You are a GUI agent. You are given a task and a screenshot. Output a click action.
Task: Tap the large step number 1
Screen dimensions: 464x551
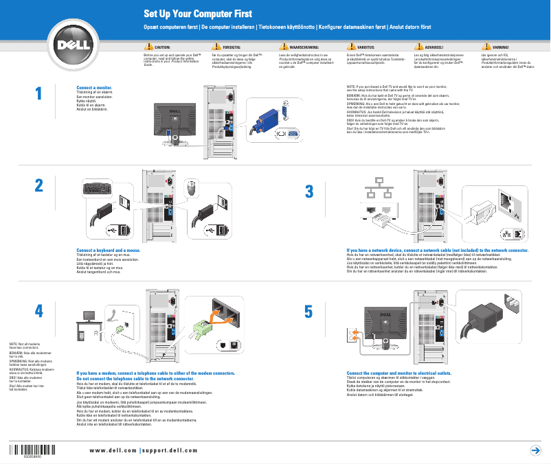pos(39,94)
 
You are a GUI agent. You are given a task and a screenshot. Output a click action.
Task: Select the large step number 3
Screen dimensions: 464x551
pos(309,191)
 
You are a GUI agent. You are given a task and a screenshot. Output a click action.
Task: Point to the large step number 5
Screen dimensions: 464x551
pos(309,311)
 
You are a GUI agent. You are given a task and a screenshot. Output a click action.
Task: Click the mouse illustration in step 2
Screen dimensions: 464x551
pos(193,185)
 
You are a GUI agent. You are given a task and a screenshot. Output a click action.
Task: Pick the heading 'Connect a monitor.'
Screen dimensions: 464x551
pos(94,89)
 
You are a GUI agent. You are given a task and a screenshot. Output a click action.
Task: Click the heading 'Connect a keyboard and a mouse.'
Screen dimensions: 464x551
pos(108,251)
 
